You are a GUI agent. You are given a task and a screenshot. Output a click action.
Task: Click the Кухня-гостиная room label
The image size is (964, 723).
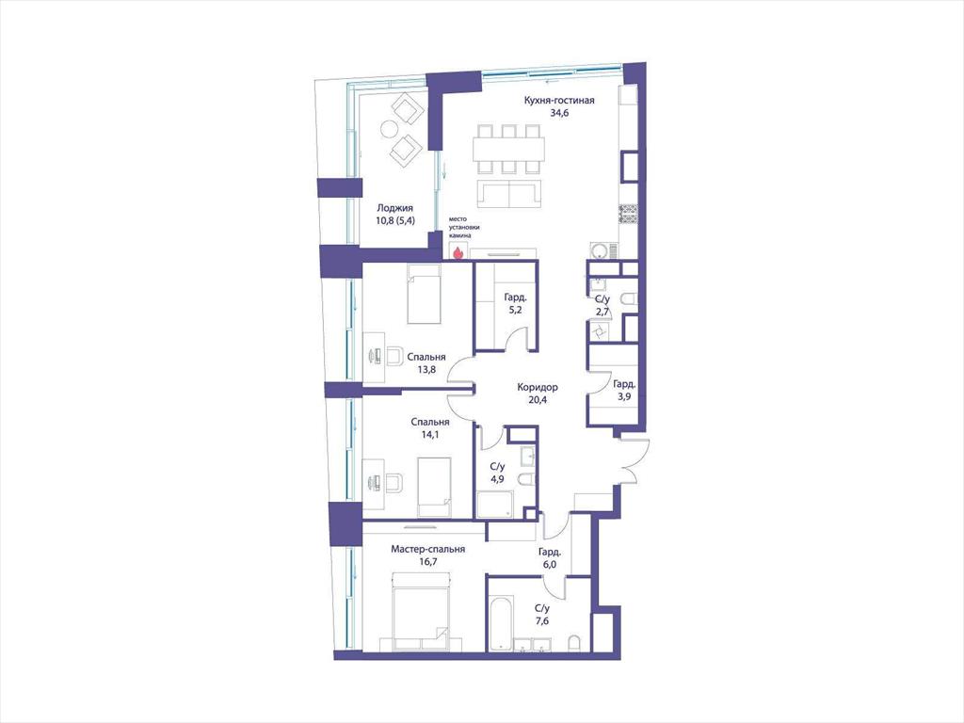tap(559, 101)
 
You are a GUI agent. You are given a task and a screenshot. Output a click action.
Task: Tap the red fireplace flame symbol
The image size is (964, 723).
tap(457, 251)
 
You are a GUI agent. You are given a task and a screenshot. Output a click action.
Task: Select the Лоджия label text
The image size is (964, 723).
tap(394, 208)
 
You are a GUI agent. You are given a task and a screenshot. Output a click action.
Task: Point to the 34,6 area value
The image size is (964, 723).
tap(559, 113)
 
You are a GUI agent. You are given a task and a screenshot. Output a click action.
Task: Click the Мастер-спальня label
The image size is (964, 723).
tap(428, 549)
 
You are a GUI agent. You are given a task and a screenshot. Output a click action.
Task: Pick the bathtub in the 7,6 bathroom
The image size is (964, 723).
tap(500, 623)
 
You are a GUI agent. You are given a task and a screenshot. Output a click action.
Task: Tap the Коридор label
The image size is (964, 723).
tap(538, 387)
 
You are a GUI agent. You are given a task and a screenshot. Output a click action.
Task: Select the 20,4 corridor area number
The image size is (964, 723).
tap(538, 399)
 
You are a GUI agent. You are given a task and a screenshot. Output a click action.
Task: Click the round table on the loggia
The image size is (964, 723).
tap(389, 128)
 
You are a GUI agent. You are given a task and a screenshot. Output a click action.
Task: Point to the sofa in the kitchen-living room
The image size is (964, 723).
tap(509, 194)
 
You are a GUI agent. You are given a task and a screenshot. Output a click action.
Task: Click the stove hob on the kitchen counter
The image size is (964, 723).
tap(628, 215)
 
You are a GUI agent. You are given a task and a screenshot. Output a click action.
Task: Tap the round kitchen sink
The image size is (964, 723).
tap(599, 250)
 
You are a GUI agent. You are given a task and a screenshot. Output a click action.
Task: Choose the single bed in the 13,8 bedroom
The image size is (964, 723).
tap(425, 295)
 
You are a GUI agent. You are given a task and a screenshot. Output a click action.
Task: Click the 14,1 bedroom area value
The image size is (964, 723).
tap(429, 434)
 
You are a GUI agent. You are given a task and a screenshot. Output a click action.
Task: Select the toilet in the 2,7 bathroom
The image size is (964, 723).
tap(629, 299)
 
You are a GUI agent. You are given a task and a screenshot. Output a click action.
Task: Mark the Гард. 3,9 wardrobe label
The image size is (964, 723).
tap(624, 391)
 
